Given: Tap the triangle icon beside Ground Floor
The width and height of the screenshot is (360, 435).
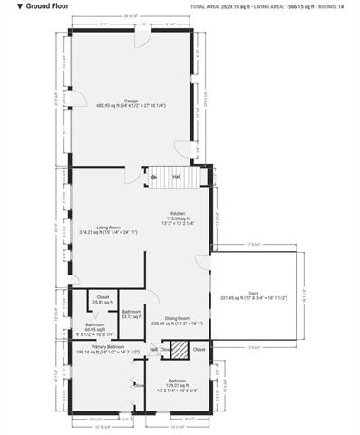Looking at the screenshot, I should (7, 5).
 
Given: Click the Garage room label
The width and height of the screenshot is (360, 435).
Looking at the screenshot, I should (131, 101).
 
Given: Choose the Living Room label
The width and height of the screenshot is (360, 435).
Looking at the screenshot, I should (109, 227).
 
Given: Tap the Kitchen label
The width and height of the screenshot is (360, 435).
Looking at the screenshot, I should (177, 215).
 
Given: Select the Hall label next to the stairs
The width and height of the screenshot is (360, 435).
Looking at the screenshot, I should (177, 176).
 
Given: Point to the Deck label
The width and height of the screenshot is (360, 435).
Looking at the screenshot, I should (253, 292).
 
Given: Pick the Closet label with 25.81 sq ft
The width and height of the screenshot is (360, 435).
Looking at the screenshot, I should (102, 298).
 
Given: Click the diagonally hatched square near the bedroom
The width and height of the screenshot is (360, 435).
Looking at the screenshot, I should (181, 349).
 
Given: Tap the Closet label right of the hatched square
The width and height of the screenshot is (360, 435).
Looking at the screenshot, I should (199, 349).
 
